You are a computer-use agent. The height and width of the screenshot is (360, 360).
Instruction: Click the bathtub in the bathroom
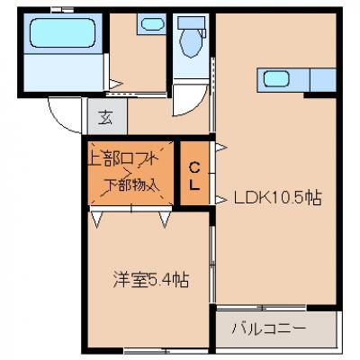tap(63, 32)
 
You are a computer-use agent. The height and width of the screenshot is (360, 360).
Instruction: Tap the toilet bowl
tap(192, 44)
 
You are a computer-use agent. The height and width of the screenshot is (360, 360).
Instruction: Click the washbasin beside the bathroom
tap(152, 24)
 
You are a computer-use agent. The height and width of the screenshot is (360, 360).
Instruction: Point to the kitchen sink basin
tap(276, 79)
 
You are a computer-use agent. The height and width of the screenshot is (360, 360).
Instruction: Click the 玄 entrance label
tap(106, 117)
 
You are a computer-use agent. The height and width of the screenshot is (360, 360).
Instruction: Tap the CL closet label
tap(194, 176)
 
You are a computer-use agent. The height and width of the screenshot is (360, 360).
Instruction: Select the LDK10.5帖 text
tap(277, 198)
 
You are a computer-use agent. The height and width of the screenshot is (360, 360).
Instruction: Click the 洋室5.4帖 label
tap(151, 279)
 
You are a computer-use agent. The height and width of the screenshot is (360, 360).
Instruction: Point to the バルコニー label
tap(268, 329)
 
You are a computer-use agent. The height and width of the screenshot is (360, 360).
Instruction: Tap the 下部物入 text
tap(130, 185)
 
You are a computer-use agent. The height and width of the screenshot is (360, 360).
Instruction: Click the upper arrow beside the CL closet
tap(221, 148)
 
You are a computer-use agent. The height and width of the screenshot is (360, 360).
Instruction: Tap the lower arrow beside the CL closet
tap(221, 200)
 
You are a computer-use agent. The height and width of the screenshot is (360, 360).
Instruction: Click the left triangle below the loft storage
tap(97, 220)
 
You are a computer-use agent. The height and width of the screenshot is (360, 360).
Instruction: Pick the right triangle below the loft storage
tap(165, 220)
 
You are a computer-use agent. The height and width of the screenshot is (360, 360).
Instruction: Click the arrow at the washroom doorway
tap(115, 84)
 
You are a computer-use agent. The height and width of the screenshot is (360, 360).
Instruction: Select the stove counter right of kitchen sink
tap(323, 80)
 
